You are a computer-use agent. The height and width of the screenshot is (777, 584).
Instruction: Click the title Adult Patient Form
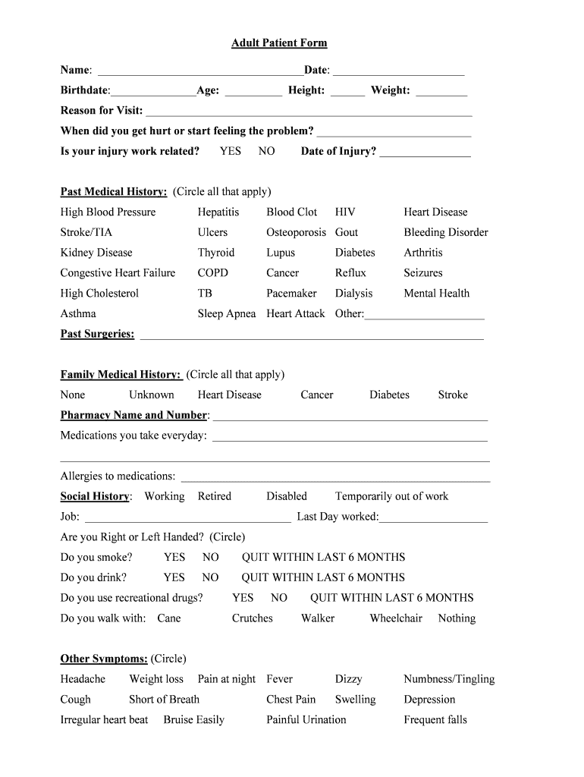[x=279, y=43]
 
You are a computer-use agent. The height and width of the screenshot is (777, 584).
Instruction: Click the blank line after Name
[x=200, y=71]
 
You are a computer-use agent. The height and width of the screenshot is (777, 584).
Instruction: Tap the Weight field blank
[x=441, y=92]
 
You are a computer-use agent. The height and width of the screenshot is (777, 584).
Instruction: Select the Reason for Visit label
[x=102, y=111]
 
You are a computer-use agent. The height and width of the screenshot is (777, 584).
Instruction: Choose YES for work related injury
[x=230, y=151]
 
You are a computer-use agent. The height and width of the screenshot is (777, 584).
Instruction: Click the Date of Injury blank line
[x=425, y=153]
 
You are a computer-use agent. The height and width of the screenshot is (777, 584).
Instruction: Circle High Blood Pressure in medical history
[x=108, y=212]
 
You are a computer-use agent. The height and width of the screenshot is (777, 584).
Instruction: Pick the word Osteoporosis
[x=296, y=232]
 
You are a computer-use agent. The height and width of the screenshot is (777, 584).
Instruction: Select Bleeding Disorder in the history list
[x=445, y=232]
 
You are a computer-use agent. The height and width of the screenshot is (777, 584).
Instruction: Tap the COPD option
[x=212, y=273]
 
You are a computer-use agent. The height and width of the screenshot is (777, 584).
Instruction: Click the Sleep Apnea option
[x=227, y=313]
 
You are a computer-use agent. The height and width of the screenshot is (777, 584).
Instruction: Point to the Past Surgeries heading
[x=97, y=334]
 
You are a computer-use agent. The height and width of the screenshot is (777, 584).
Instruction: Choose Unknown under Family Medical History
[x=151, y=395]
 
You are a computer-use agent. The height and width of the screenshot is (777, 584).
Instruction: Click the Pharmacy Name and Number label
[x=133, y=415]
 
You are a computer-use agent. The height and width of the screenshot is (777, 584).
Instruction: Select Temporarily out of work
[x=391, y=496]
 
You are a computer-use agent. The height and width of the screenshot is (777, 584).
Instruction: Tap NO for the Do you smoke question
[x=210, y=557]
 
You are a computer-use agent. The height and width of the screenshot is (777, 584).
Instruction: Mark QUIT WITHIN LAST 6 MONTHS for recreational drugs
[x=391, y=598]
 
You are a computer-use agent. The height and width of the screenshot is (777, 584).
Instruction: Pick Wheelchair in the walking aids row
[x=395, y=618]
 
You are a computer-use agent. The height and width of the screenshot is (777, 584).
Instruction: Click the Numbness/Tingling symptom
[x=448, y=679]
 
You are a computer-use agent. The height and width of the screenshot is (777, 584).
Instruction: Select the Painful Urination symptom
[x=306, y=719]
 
